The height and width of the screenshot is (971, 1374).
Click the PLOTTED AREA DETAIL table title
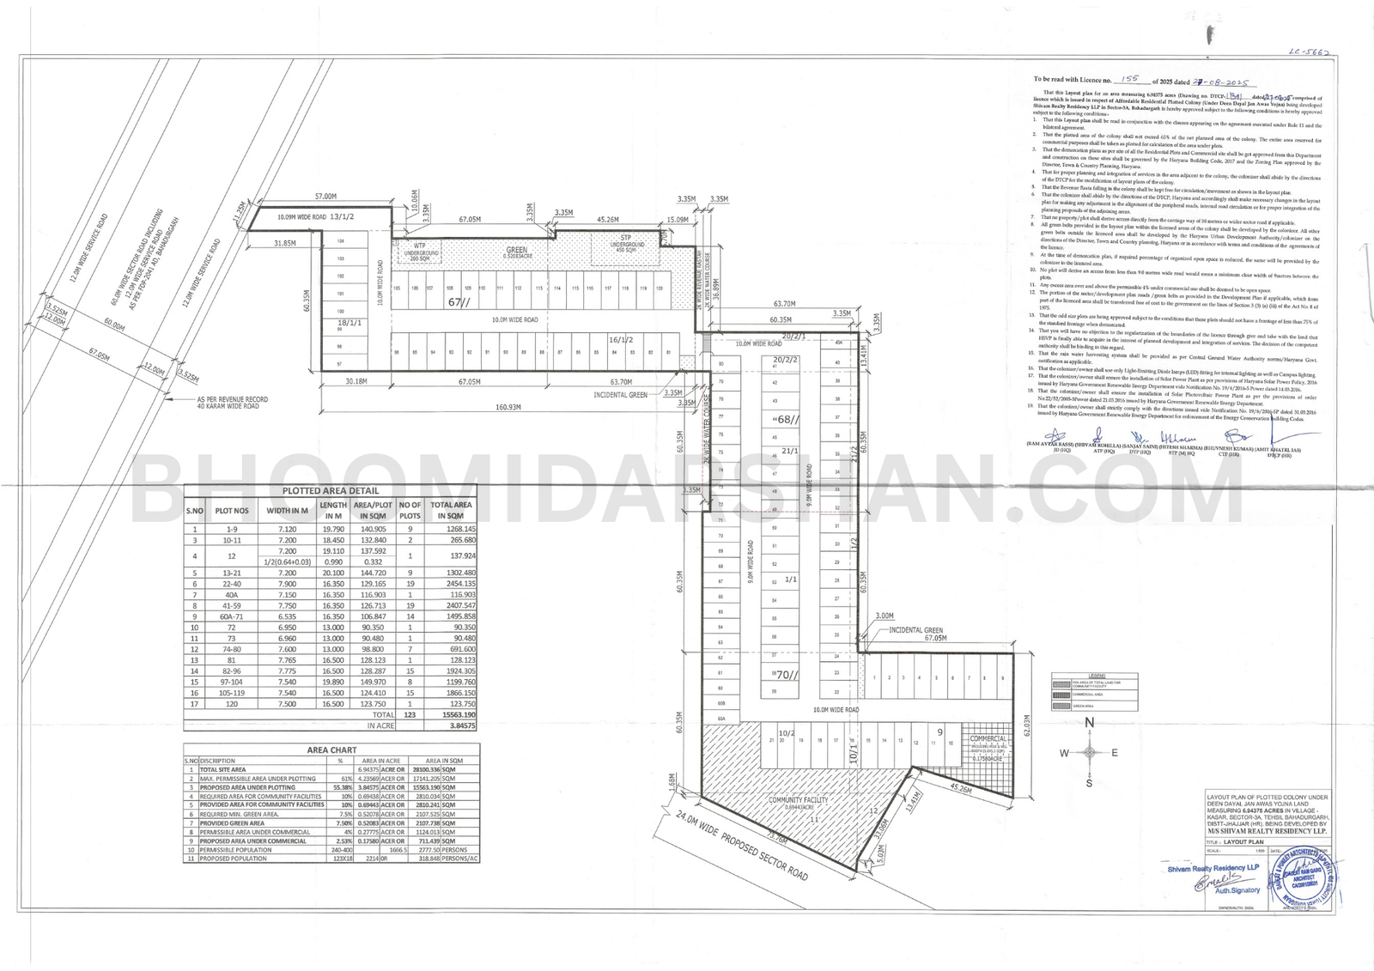[331, 490]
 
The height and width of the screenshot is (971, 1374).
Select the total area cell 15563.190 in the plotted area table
[452, 714]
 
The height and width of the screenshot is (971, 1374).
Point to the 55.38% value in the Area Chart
[343, 787]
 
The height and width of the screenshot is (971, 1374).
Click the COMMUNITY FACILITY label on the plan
[798, 799]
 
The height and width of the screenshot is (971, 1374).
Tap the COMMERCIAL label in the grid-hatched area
[988, 738]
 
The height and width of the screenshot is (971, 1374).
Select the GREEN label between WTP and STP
[516, 250]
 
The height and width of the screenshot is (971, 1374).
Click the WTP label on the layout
[419, 246]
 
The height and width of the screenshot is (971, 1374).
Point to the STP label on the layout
[626, 237]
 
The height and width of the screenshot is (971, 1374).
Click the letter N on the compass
[1089, 723]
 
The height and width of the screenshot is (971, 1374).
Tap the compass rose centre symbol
[1089, 753]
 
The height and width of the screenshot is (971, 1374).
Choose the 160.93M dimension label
[508, 407]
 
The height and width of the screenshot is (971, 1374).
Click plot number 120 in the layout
[659, 288]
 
